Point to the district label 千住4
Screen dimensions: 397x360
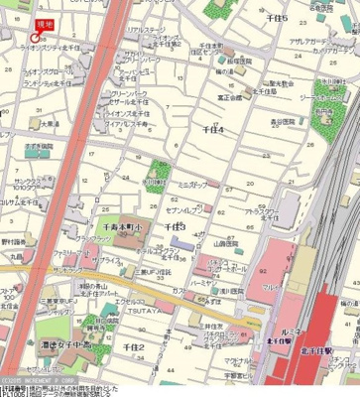pyautogui.click(x=212, y=129)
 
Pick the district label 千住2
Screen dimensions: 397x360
pyautogui.click(x=134, y=346)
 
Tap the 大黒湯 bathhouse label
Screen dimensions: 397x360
pyautogui.click(x=49, y=124)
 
